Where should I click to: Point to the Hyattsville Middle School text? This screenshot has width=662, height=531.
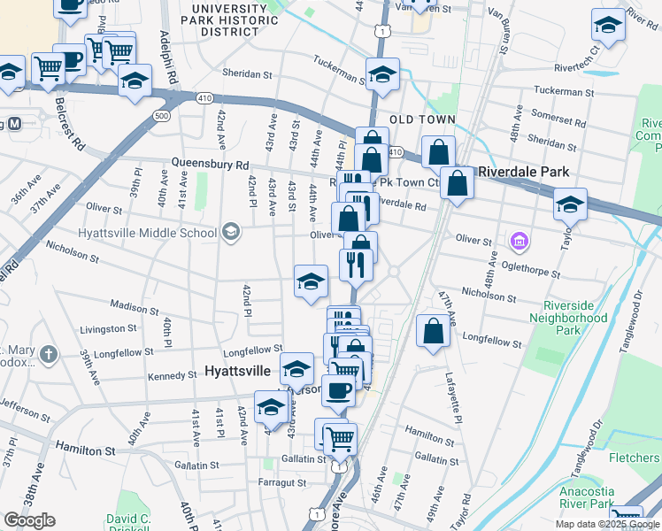tap(147, 233)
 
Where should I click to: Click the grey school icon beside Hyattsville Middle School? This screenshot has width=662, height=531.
tap(231, 232)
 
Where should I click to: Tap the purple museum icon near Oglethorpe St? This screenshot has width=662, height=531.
tap(520, 241)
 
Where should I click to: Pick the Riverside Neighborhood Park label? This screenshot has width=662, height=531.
tap(567, 317)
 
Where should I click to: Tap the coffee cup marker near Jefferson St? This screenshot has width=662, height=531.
tap(337, 390)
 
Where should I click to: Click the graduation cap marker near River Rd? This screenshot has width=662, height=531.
tap(609, 27)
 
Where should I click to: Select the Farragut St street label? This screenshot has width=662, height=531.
tap(281, 483)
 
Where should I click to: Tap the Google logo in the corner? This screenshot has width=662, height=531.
tap(29, 520)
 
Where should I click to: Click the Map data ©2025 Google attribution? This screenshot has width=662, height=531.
tap(608, 524)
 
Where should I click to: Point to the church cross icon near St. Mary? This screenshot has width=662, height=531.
tap(49, 355)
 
